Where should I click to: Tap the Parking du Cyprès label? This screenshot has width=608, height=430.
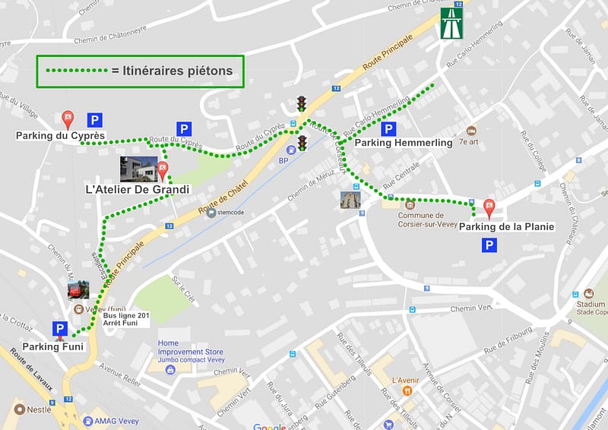point(60,137)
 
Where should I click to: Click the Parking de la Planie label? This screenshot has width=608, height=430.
point(507,226)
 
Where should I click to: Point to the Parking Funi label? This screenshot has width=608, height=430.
point(52,346)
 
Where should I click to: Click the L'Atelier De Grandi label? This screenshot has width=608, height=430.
point(138,189)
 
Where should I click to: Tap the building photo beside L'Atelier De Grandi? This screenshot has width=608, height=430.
point(138,169)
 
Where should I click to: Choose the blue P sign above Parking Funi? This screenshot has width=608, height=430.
point(59,329)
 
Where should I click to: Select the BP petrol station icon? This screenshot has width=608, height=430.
point(283,151)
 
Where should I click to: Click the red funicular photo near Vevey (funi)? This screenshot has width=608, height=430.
point(78,290)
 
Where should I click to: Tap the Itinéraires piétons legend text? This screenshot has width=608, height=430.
point(177,71)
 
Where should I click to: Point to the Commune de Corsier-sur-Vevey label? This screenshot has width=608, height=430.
point(426,219)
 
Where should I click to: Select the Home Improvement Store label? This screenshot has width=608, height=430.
point(190,352)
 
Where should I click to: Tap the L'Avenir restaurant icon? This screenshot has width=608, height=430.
point(407,390)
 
